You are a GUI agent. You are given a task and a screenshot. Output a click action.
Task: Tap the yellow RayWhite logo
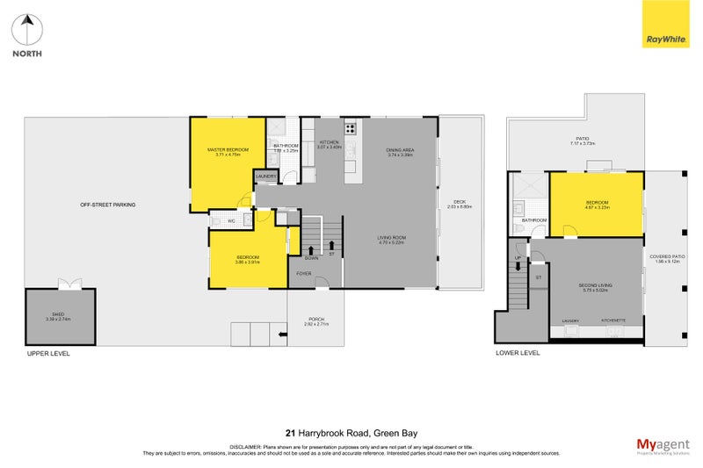[666, 25]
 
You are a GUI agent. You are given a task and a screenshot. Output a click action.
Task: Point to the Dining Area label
[400, 150]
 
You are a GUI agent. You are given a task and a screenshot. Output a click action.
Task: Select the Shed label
[57, 313]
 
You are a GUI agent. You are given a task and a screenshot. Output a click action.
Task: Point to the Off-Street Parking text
[107, 205]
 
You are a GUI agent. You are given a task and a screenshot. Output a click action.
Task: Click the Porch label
[315, 320]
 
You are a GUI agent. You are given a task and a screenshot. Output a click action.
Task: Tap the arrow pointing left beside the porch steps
[281, 334]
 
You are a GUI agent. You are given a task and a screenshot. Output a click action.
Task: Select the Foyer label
[303, 274]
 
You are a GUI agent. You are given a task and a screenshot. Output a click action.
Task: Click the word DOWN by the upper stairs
[311, 258]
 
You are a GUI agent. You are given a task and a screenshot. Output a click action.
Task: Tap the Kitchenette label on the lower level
[613, 321]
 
